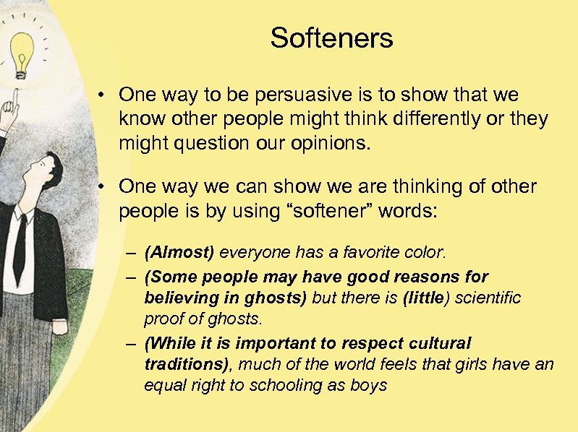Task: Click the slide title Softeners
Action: point(331,38)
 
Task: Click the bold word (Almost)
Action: point(179,253)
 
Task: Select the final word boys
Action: point(370,386)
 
